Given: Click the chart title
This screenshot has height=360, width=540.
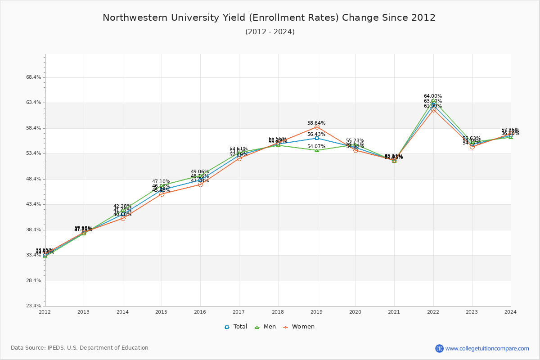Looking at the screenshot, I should click(x=269, y=18).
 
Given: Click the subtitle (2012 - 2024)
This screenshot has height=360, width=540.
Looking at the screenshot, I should click(x=270, y=32).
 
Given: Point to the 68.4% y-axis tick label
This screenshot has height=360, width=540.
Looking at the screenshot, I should click(x=33, y=77).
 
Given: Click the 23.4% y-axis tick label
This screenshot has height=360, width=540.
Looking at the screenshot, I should click(x=33, y=306).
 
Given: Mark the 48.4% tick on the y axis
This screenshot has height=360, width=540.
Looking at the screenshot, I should click(x=33, y=179).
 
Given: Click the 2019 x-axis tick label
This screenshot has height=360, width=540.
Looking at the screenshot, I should click(x=317, y=312).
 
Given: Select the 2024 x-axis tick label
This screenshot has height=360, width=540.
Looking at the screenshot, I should click(x=510, y=312).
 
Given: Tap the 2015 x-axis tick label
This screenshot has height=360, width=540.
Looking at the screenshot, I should click(x=162, y=312).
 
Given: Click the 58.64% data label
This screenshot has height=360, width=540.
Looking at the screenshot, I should click(x=316, y=123).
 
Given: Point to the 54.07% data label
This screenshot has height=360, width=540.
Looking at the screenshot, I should click(x=316, y=146).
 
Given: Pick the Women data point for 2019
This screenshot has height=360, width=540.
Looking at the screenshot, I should click(x=317, y=127).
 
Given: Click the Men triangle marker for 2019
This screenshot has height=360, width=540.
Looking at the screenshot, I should click(x=317, y=150).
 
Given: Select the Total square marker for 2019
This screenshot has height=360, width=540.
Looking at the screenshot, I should click(x=317, y=138).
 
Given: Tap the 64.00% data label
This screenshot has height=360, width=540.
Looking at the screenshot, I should click(x=433, y=96).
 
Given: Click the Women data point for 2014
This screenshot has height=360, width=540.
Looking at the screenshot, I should click(x=123, y=218).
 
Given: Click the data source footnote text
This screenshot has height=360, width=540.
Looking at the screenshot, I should click(x=80, y=348).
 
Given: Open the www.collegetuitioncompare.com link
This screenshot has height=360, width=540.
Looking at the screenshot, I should click(x=487, y=348).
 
